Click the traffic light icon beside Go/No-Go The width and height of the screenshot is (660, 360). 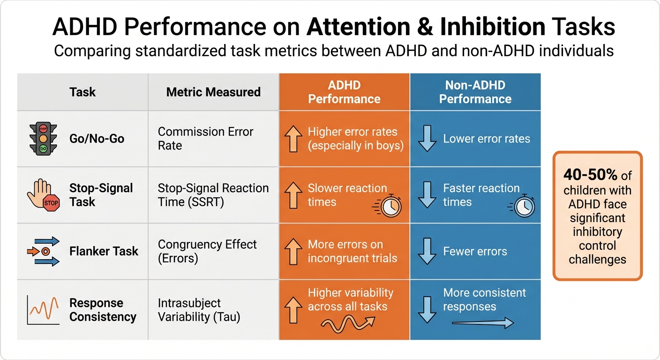click(43, 138)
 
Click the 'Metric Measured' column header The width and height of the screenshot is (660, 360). click(213, 92)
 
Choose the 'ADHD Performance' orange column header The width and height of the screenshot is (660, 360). click(344, 92)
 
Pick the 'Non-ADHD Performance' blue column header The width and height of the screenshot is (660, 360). click(475, 92)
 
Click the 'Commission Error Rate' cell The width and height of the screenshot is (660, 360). click(205, 139)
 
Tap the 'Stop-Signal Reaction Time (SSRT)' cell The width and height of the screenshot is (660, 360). click(213, 195)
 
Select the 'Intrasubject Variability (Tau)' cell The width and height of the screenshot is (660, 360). click(199, 310)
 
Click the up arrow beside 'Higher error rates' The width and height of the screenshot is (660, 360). click(293, 139)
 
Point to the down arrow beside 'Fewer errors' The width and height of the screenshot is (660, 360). click(427, 252)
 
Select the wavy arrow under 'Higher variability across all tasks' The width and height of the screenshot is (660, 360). click(347, 323)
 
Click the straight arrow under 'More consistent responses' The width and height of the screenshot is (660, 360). click(482, 323)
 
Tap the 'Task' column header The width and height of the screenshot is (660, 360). click(82, 92)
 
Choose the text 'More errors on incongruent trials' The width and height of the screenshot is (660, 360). click(352, 251)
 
